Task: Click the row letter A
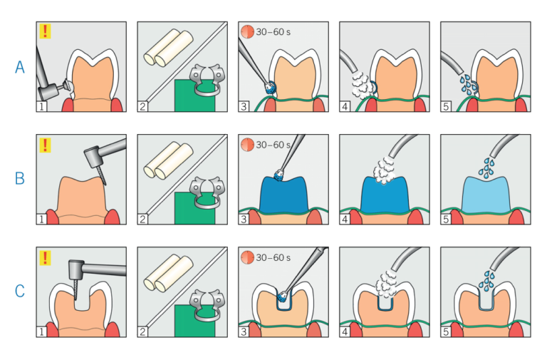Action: coord(20,67)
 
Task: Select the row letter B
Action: coord(20,178)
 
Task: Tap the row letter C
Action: coord(20,291)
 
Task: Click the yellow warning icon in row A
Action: coord(45,31)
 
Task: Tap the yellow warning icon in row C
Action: coord(45,257)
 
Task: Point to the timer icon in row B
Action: coord(247,145)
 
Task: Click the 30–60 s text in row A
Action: coord(273,32)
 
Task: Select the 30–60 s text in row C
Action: coord(273,257)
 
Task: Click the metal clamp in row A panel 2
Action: coord(207,80)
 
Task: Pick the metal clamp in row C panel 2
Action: coord(207,305)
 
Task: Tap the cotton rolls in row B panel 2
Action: coord(169,160)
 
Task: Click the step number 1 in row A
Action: coord(41,106)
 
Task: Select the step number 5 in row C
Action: coord(446,331)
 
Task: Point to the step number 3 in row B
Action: coord(244,219)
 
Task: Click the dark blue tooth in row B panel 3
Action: coord(283,195)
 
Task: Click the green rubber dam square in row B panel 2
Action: coord(194,208)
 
